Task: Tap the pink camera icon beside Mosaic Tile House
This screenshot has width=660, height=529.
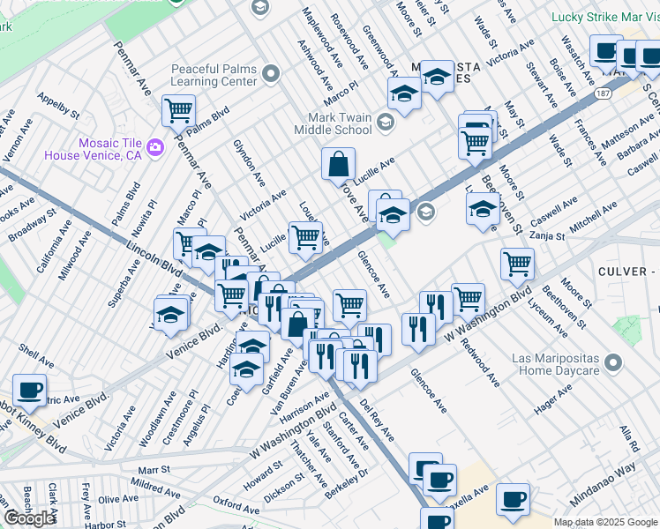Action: click(156, 145)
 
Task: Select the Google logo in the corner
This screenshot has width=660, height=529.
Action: click(29, 518)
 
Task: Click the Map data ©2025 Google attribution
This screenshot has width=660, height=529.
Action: click(604, 522)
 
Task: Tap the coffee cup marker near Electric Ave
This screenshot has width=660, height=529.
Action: click(29, 389)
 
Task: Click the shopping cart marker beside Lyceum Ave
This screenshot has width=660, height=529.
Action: click(517, 263)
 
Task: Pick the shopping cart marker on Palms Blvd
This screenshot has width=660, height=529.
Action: click(178, 111)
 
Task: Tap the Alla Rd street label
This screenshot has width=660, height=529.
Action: click(627, 438)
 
